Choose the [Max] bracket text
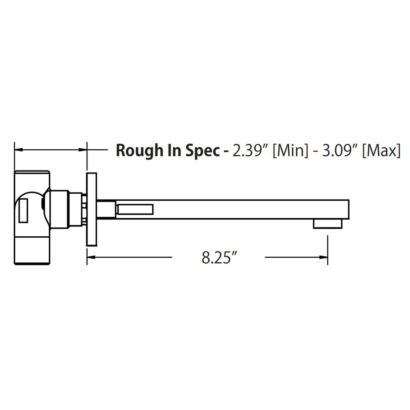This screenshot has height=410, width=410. [x=382, y=151]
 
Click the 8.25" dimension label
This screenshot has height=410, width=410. [x=219, y=258]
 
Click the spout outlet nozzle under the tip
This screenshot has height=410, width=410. [x=328, y=224]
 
